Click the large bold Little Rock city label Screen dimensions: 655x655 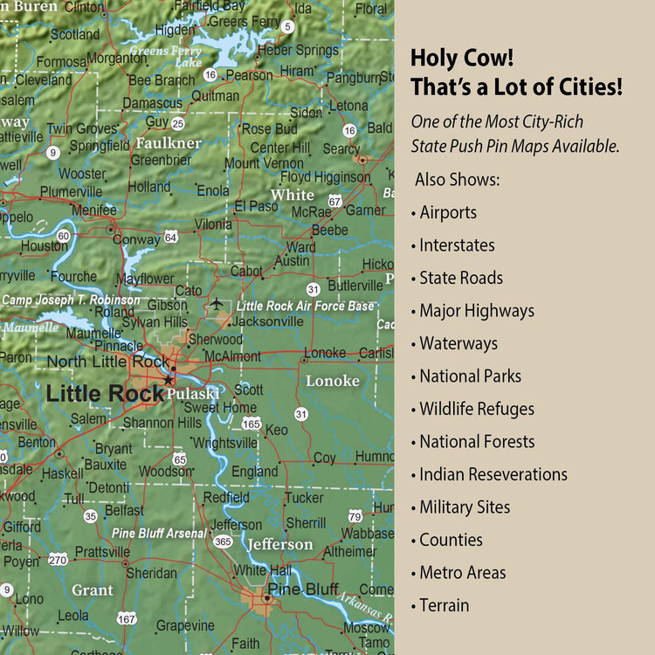105,393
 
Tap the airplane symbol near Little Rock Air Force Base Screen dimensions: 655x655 217,303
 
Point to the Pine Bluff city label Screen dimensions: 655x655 302,589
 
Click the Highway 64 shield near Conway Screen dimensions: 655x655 171,237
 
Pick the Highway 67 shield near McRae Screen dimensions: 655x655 334,201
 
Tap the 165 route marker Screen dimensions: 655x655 252,424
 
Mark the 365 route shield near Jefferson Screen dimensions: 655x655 223,541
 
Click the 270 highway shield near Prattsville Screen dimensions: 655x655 58,559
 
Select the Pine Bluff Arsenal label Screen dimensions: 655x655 159,533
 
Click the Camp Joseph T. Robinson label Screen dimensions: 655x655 70,300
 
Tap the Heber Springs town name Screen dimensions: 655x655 298,50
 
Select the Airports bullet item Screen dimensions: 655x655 447,212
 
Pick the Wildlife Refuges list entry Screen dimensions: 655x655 476,409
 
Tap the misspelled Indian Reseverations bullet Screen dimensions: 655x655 493,474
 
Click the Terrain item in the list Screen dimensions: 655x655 444,605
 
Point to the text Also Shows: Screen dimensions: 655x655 457,179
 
